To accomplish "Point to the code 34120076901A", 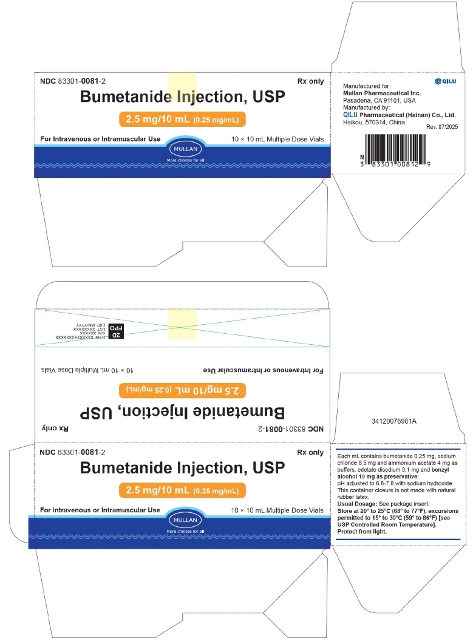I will click(x=397, y=420).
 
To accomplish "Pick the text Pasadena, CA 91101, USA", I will click(x=379, y=100).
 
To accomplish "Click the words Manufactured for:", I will click(x=367, y=86).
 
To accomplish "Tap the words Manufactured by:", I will click(x=366, y=107).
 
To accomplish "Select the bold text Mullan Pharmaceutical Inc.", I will click(x=382, y=93).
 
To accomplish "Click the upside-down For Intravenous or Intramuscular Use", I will click(x=262, y=370).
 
